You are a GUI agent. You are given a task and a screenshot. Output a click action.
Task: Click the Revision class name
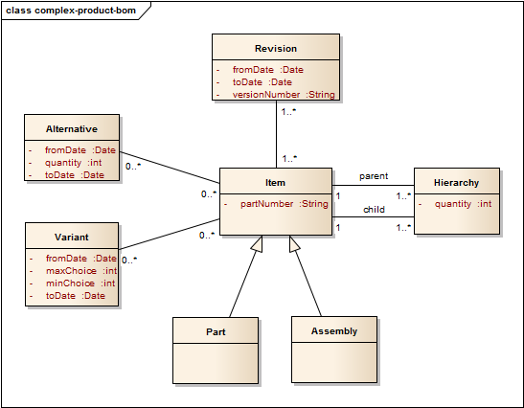pyautogui.click(x=276, y=49)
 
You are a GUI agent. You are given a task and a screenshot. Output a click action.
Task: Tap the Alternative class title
pyautogui.click(x=72, y=129)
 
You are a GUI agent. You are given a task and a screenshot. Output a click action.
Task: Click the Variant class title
pyautogui.click(x=72, y=238)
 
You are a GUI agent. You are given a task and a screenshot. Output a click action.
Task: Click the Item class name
pyautogui.click(x=275, y=183)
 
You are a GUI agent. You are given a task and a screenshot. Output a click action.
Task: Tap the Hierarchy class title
pyautogui.click(x=457, y=183)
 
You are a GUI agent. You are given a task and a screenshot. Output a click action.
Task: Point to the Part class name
pyautogui.click(x=216, y=331)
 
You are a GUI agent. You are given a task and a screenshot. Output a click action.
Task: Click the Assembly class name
pyautogui.click(x=334, y=331)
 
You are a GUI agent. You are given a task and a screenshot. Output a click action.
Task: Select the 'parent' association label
pyautogui.click(x=374, y=176)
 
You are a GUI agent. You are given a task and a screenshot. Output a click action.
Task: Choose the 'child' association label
pyautogui.click(x=374, y=210)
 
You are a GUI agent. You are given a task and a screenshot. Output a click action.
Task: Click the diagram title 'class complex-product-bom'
pyautogui.click(x=71, y=11)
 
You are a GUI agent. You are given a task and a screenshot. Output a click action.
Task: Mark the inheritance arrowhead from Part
pyautogui.click(x=258, y=243)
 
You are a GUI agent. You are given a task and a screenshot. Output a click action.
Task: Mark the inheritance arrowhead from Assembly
pyautogui.click(x=294, y=243)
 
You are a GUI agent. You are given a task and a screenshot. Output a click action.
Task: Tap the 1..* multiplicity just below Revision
pyautogui.click(x=288, y=112)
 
